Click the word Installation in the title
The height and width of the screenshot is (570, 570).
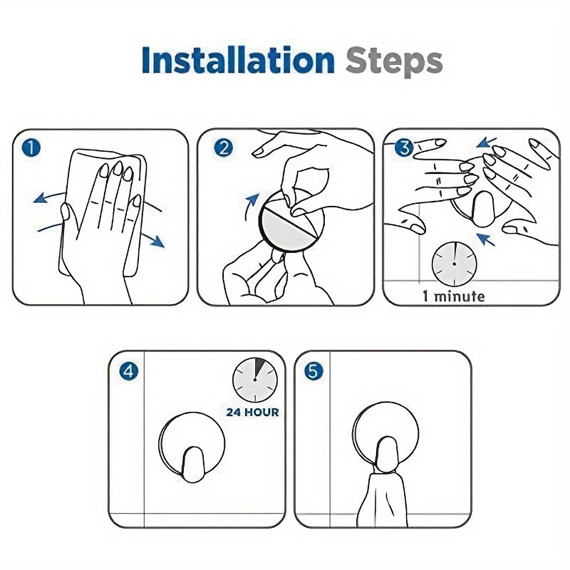coord(238,60)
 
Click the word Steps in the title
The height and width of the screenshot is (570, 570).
coord(395,62)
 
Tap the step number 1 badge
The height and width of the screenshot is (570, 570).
coord(31,148)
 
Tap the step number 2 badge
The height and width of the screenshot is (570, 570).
coord(223,147)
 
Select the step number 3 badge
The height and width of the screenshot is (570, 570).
coord(404,147)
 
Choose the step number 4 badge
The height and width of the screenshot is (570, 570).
coord(129,371)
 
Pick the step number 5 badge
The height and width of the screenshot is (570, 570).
coord(313,371)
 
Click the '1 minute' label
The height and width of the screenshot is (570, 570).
coord(453,296)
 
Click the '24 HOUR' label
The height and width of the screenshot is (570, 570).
coord(253,413)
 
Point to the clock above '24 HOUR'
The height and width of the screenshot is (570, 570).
coord(255,380)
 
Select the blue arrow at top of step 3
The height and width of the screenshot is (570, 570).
coord(487,142)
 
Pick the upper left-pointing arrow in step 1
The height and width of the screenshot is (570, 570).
coord(49,197)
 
